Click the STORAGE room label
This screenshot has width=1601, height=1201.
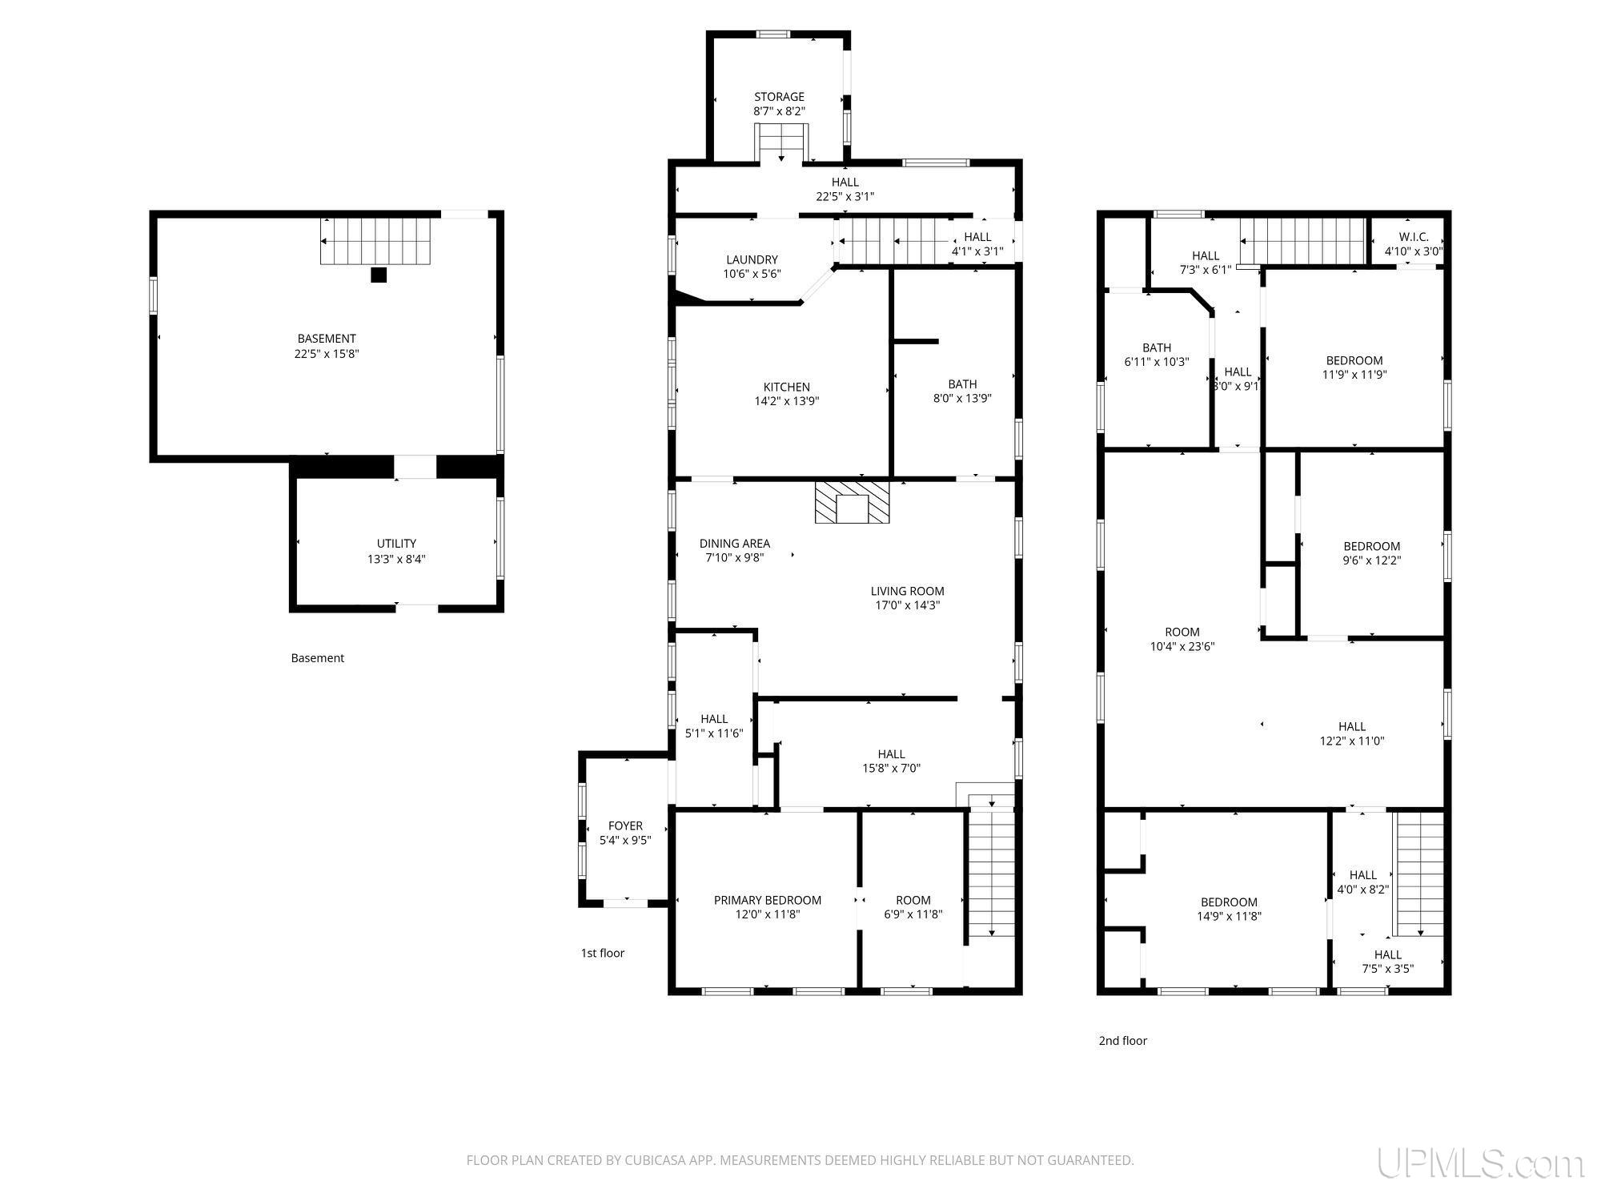[779, 97]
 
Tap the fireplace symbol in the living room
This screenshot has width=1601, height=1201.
[852, 502]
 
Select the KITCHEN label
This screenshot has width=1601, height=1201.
[786, 388]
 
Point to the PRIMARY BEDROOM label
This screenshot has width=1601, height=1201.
[768, 900]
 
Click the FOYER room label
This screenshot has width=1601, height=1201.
[625, 826]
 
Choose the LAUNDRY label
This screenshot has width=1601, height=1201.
[752, 259]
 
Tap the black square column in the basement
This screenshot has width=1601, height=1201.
[379, 275]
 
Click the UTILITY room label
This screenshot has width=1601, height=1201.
[396, 544]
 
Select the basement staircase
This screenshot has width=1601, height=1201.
[376, 241]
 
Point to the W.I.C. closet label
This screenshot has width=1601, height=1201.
[1413, 237]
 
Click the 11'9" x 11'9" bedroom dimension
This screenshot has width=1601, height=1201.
[1354, 375]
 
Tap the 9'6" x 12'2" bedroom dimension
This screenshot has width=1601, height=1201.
[1371, 560]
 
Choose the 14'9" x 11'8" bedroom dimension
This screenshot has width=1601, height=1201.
[1229, 917]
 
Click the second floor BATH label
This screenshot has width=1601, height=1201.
[1157, 347]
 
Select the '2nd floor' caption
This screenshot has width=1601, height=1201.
[1122, 1041]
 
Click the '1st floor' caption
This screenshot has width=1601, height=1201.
[602, 953]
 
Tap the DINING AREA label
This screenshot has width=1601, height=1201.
[734, 544]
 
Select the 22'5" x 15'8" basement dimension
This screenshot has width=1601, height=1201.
[326, 353]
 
